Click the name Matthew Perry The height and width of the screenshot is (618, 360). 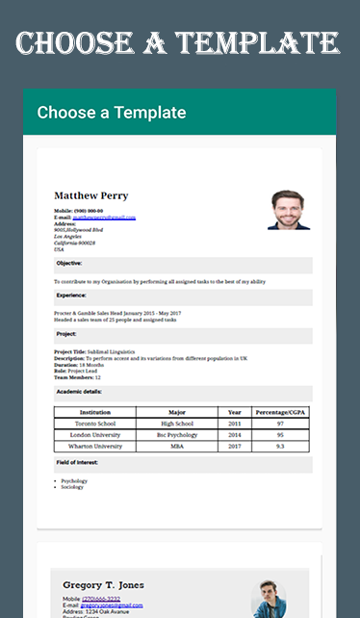pyautogui.click(x=90, y=195)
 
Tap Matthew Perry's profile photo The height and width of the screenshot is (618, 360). pyautogui.click(x=289, y=208)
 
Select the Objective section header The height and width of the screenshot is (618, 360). pyautogui.click(x=69, y=263)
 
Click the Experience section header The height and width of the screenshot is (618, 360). pyautogui.click(x=72, y=296)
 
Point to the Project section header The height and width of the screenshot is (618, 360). pyautogui.click(x=66, y=334)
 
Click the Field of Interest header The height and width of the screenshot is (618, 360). pyautogui.click(x=78, y=463)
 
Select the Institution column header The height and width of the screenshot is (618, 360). pyautogui.click(x=94, y=412)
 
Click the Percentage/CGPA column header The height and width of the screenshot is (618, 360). pyautogui.click(x=280, y=412)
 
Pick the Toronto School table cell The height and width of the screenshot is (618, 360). pyautogui.click(x=94, y=424)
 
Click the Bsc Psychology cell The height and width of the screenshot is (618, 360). pyautogui.click(x=177, y=435)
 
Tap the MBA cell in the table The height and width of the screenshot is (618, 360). pyautogui.click(x=177, y=447)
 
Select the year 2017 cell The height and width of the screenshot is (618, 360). pyautogui.click(x=235, y=447)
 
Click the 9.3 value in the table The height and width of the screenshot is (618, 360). pyautogui.click(x=280, y=447)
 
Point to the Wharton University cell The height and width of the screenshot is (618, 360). pyautogui.click(x=94, y=447)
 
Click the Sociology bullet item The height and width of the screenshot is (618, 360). pyautogui.click(x=73, y=487)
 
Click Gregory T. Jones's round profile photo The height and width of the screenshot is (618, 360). pyautogui.click(x=268, y=599)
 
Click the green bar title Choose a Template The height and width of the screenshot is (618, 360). pyautogui.click(x=112, y=113)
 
